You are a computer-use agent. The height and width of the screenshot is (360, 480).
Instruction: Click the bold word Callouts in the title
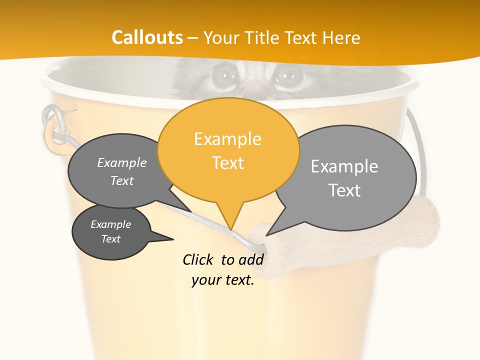pyautogui.click(x=147, y=37)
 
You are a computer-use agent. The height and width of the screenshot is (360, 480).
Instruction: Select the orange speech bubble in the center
pyautogui.click(x=228, y=150)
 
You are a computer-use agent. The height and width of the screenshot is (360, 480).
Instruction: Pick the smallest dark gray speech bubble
pyautogui.click(x=111, y=232)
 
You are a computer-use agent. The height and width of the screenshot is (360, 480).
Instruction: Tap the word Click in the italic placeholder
pyautogui.click(x=199, y=259)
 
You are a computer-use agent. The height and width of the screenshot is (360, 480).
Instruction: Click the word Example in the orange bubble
pyautogui.click(x=228, y=139)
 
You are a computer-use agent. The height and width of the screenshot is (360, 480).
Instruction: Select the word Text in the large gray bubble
pyautogui.click(x=344, y=190)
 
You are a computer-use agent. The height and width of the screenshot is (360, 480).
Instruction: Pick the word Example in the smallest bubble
pyautogui.click(x=111, y=224)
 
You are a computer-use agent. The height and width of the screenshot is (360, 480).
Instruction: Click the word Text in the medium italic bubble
pyautogui.click(x=122, y=180)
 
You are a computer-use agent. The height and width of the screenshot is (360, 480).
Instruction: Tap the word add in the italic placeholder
pyautogui.click(x=251, y=259)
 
